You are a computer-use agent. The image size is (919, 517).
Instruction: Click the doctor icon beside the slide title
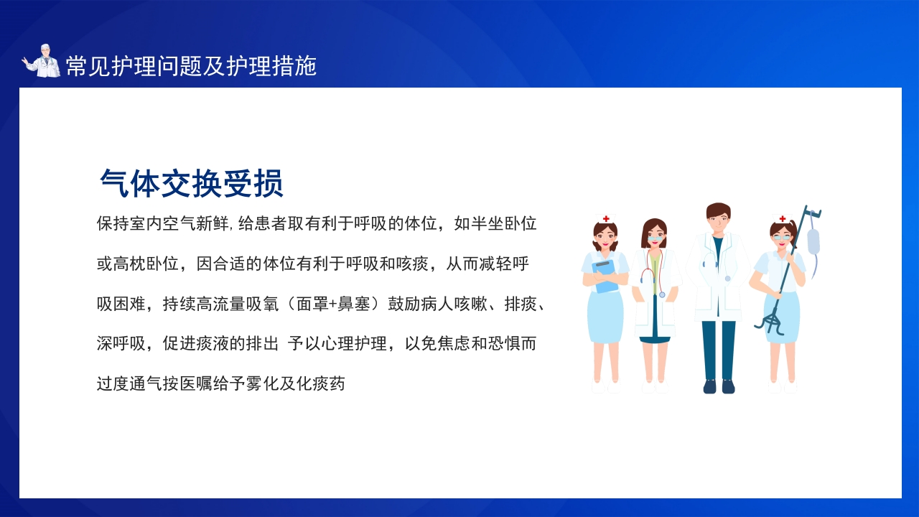tap(41, 61)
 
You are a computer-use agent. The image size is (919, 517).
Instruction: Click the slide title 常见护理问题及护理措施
tap(191, 65)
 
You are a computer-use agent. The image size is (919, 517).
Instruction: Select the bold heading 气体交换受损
tap(191, 183)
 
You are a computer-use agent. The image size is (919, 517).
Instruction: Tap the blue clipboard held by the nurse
tap(605, 276)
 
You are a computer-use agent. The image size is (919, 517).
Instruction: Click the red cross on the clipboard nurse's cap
tap(606, 219)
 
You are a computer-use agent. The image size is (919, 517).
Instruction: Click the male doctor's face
tap(719, 220)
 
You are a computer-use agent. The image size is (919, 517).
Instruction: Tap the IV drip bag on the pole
tap(813, 241)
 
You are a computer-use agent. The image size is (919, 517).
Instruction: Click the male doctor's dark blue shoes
tap(719, 386)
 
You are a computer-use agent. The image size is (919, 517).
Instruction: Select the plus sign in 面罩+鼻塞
tap(332, 304)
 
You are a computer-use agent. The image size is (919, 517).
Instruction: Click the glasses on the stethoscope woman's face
tap(655, 239)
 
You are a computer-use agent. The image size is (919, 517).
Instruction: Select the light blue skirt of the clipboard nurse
tap(605, 317)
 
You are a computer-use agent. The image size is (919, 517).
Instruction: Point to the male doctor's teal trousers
tap(719, 350)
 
